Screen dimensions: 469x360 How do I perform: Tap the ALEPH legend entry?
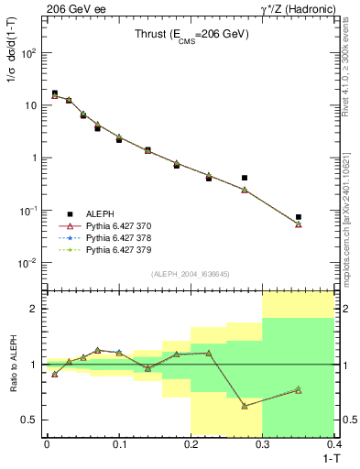coord(100,213)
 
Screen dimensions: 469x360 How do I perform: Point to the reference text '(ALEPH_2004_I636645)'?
coord(189,274)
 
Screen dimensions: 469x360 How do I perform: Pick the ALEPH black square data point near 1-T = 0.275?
coord(245,178)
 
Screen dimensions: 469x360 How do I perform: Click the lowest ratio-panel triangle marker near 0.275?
coord(245,406)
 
